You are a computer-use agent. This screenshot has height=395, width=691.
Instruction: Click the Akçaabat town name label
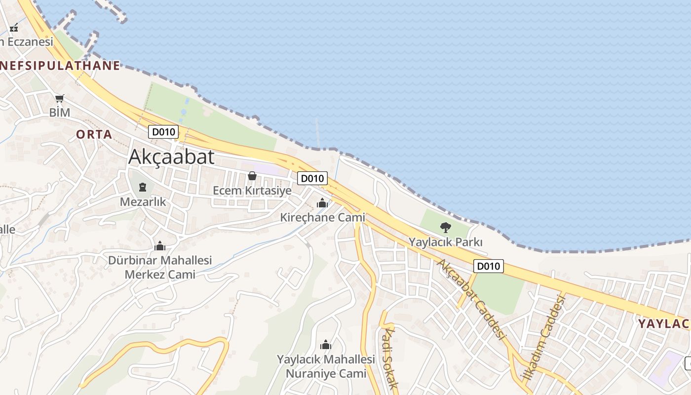pos(171,157)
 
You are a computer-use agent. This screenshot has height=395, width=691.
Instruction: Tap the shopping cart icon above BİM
pos(60,98)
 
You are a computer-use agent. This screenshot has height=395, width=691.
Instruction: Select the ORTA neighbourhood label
pos(94,134)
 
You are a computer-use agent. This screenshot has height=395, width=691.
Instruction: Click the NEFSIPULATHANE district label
pos(60,65)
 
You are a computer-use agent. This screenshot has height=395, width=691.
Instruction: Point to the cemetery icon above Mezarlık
pos(143,187)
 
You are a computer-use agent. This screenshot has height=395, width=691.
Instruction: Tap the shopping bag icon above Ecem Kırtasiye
pos(252,176)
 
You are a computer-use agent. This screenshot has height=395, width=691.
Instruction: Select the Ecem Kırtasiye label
pos(252,191)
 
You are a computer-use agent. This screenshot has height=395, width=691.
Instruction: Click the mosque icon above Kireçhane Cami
pos(322,203)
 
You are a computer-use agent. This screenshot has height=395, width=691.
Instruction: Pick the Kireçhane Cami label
pos(323,217)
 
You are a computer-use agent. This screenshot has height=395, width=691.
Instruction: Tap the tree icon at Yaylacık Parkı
pos(446,228)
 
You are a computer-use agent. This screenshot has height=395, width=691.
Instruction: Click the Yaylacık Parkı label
pos(446,242)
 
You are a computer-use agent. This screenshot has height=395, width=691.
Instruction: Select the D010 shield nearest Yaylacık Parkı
pos(488,266)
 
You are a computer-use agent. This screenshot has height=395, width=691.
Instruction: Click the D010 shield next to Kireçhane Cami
pos(312,178)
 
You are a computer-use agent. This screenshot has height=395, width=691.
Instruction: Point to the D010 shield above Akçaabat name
pos(163,132)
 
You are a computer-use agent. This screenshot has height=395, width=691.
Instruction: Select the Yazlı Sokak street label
pos(389,358)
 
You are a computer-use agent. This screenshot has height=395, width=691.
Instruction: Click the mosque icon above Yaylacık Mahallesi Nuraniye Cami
pos(326,345)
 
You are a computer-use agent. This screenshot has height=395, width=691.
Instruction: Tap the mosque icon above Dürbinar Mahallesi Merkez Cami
pos(160,246)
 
